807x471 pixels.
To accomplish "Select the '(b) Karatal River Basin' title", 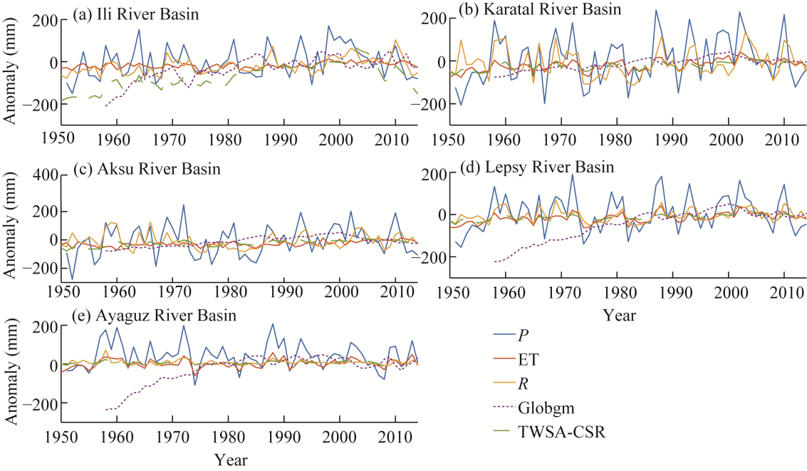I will pyautogui.click(x=541, y=9).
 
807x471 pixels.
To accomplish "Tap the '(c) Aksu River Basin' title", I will pyautogui.click(x=147, y=170).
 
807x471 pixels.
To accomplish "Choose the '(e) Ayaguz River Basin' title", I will pyautogui.click(x=155, y=315).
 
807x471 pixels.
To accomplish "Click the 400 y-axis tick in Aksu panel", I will pyautogui.click(x=44, y=175).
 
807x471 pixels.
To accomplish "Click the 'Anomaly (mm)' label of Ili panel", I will pyautogui.click(x=12, y=71).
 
